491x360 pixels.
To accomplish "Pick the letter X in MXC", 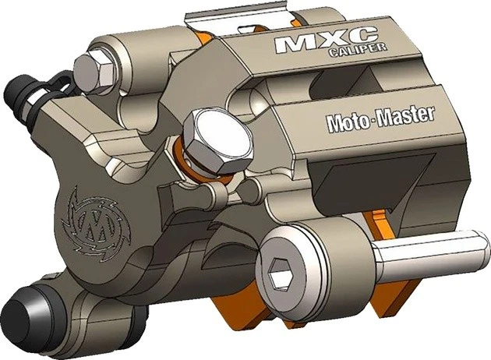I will [326, 42].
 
